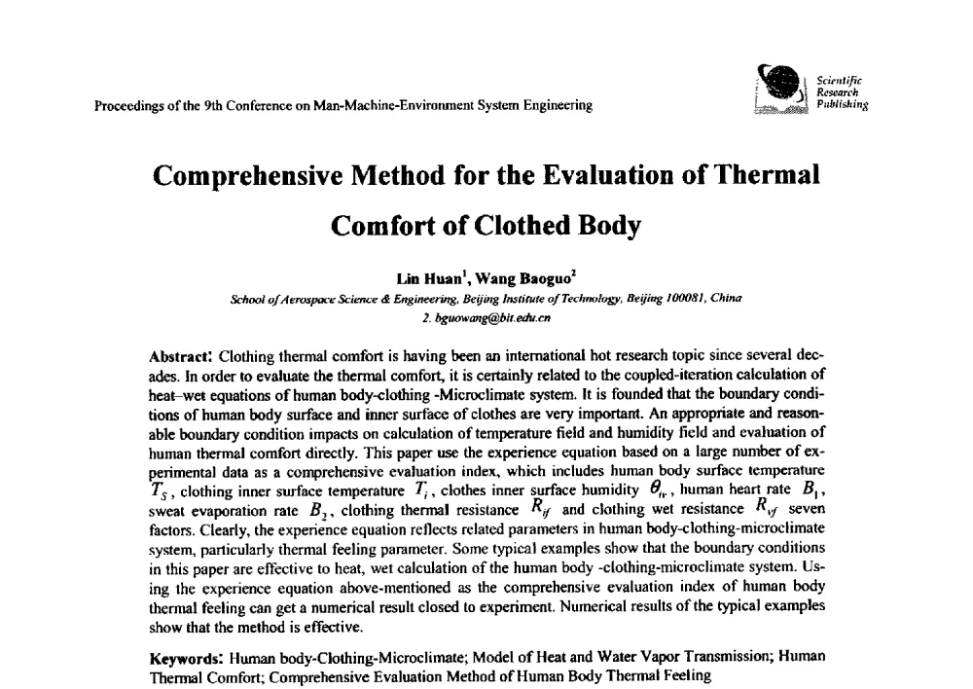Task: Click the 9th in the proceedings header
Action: (211, 105)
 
